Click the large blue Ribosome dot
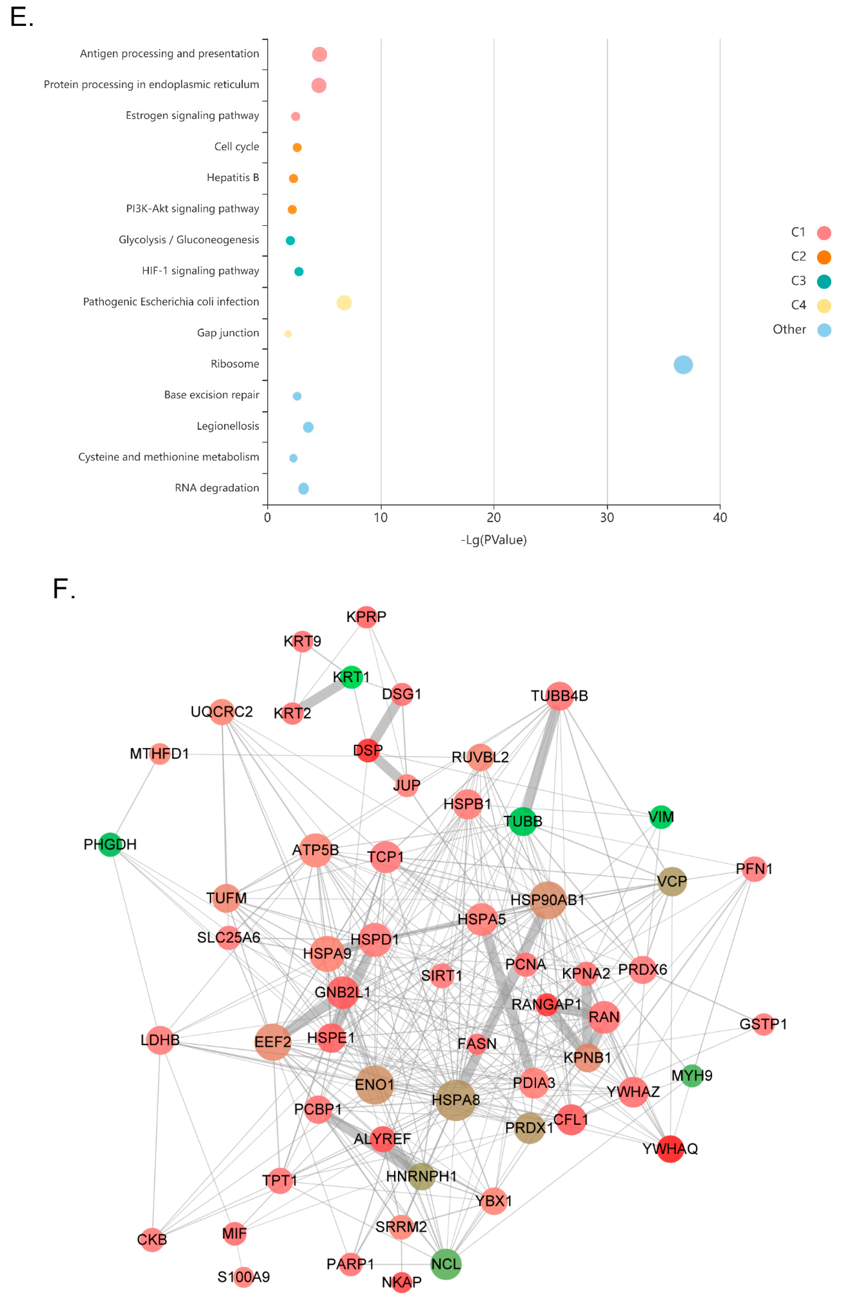pyautogui.click(x=683, y=365)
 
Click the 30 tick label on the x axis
pyautogui.click(x=607, y=517)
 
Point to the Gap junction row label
pyautogui.click(x=228, y=333)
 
